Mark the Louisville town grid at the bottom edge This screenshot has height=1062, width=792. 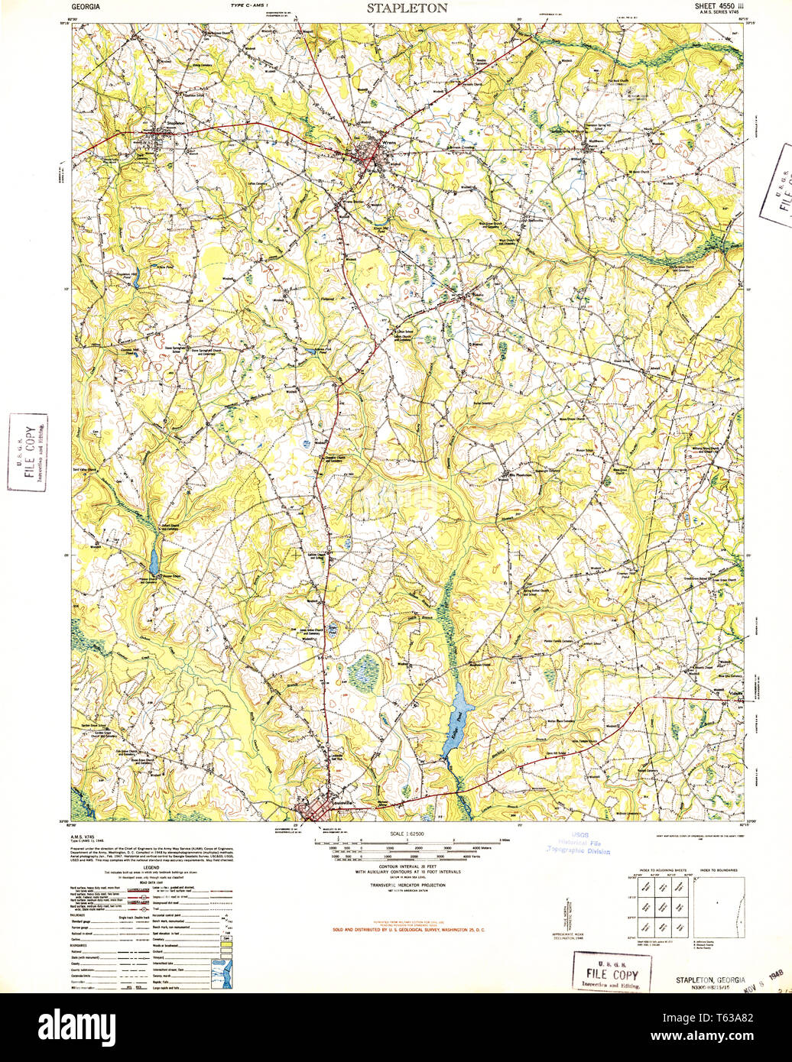pos(319,811)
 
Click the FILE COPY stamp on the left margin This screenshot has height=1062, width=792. pos(28,452)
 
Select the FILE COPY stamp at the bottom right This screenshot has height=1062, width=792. pos(611,972)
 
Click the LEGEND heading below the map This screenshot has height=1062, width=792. pos(151,867)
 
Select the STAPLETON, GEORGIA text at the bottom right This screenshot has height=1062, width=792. pos(710,980)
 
